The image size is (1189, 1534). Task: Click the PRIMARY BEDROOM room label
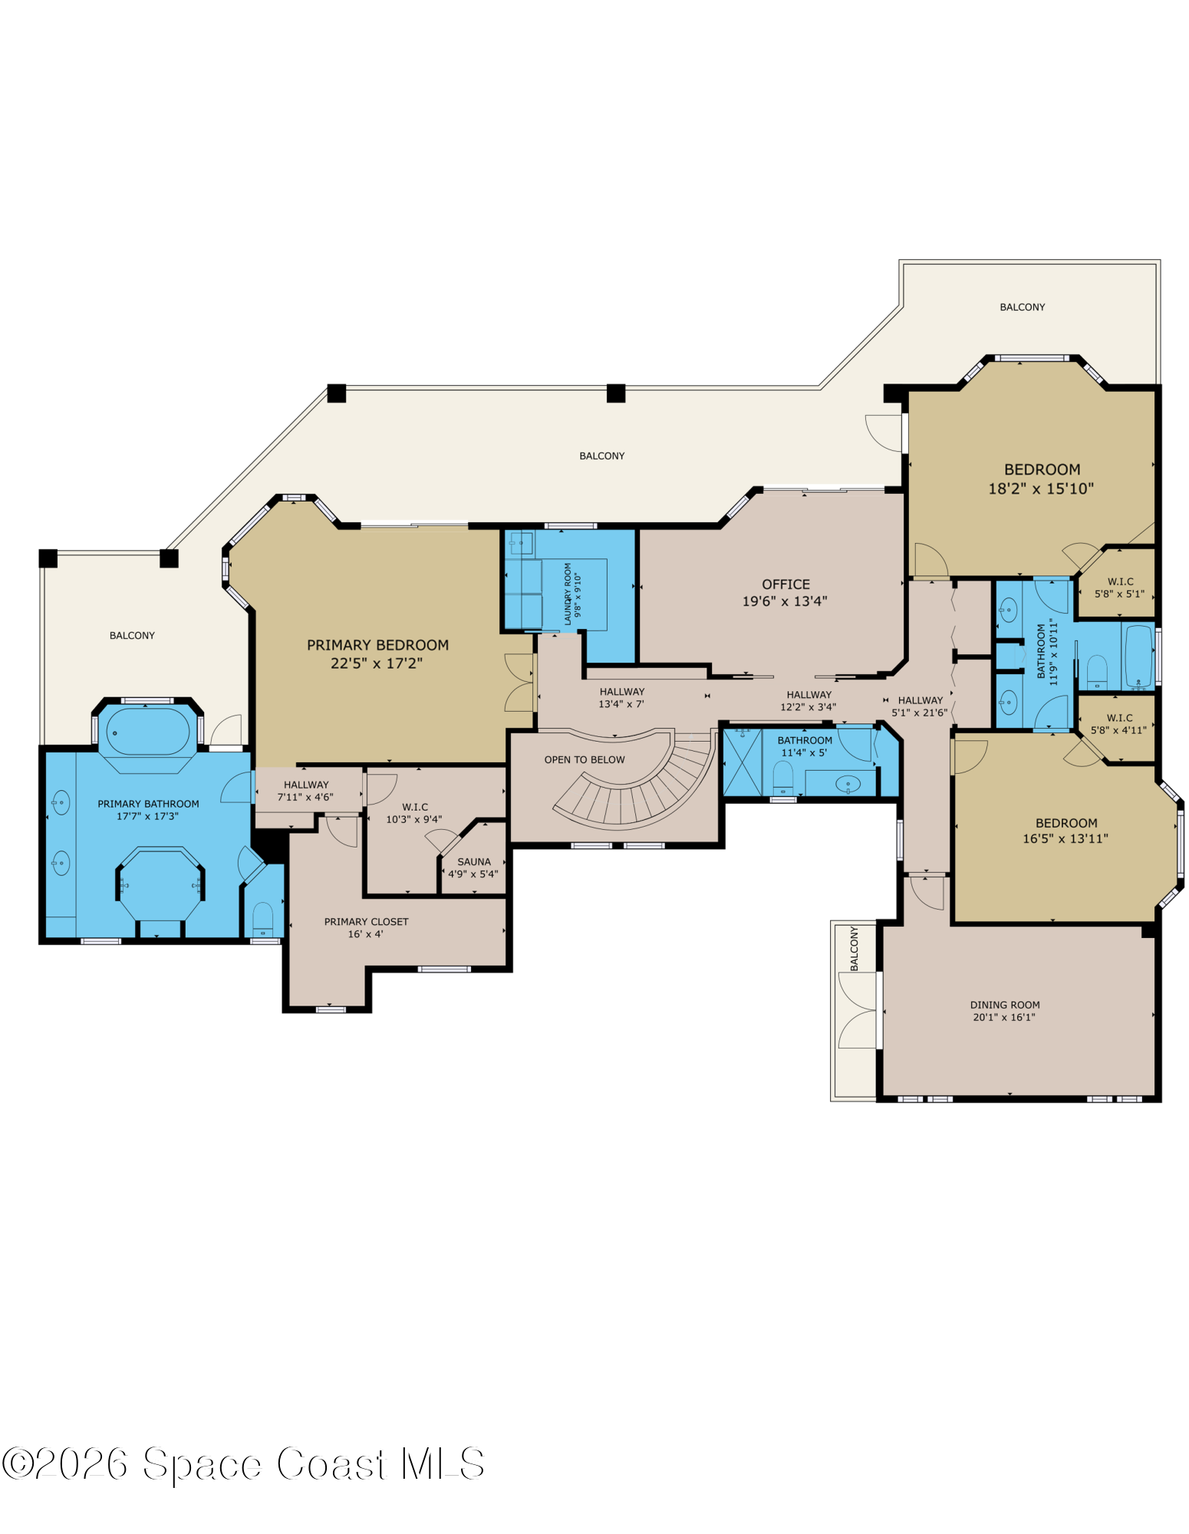tap(377, 645)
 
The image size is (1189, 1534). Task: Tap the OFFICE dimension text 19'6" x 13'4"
tap(785, 601)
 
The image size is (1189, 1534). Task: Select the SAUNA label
tap(474, 861)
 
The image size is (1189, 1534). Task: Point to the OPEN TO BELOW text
tap(585, 759)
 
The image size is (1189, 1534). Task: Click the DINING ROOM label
tap(1005, 1005)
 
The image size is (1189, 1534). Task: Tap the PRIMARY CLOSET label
tap(366, 921)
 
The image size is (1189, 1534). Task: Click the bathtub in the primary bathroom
tap(148, 732)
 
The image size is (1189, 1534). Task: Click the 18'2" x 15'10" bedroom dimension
tap(1041, 489)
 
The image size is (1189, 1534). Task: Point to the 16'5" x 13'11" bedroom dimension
tap(1065, 839)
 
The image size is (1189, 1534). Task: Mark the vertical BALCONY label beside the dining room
tap(855, 949)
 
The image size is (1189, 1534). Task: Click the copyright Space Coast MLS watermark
tap(243, 1463)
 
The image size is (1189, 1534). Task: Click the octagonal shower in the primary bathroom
tap(160, 884)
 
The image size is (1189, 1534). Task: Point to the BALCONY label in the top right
tap(1022, 307)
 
